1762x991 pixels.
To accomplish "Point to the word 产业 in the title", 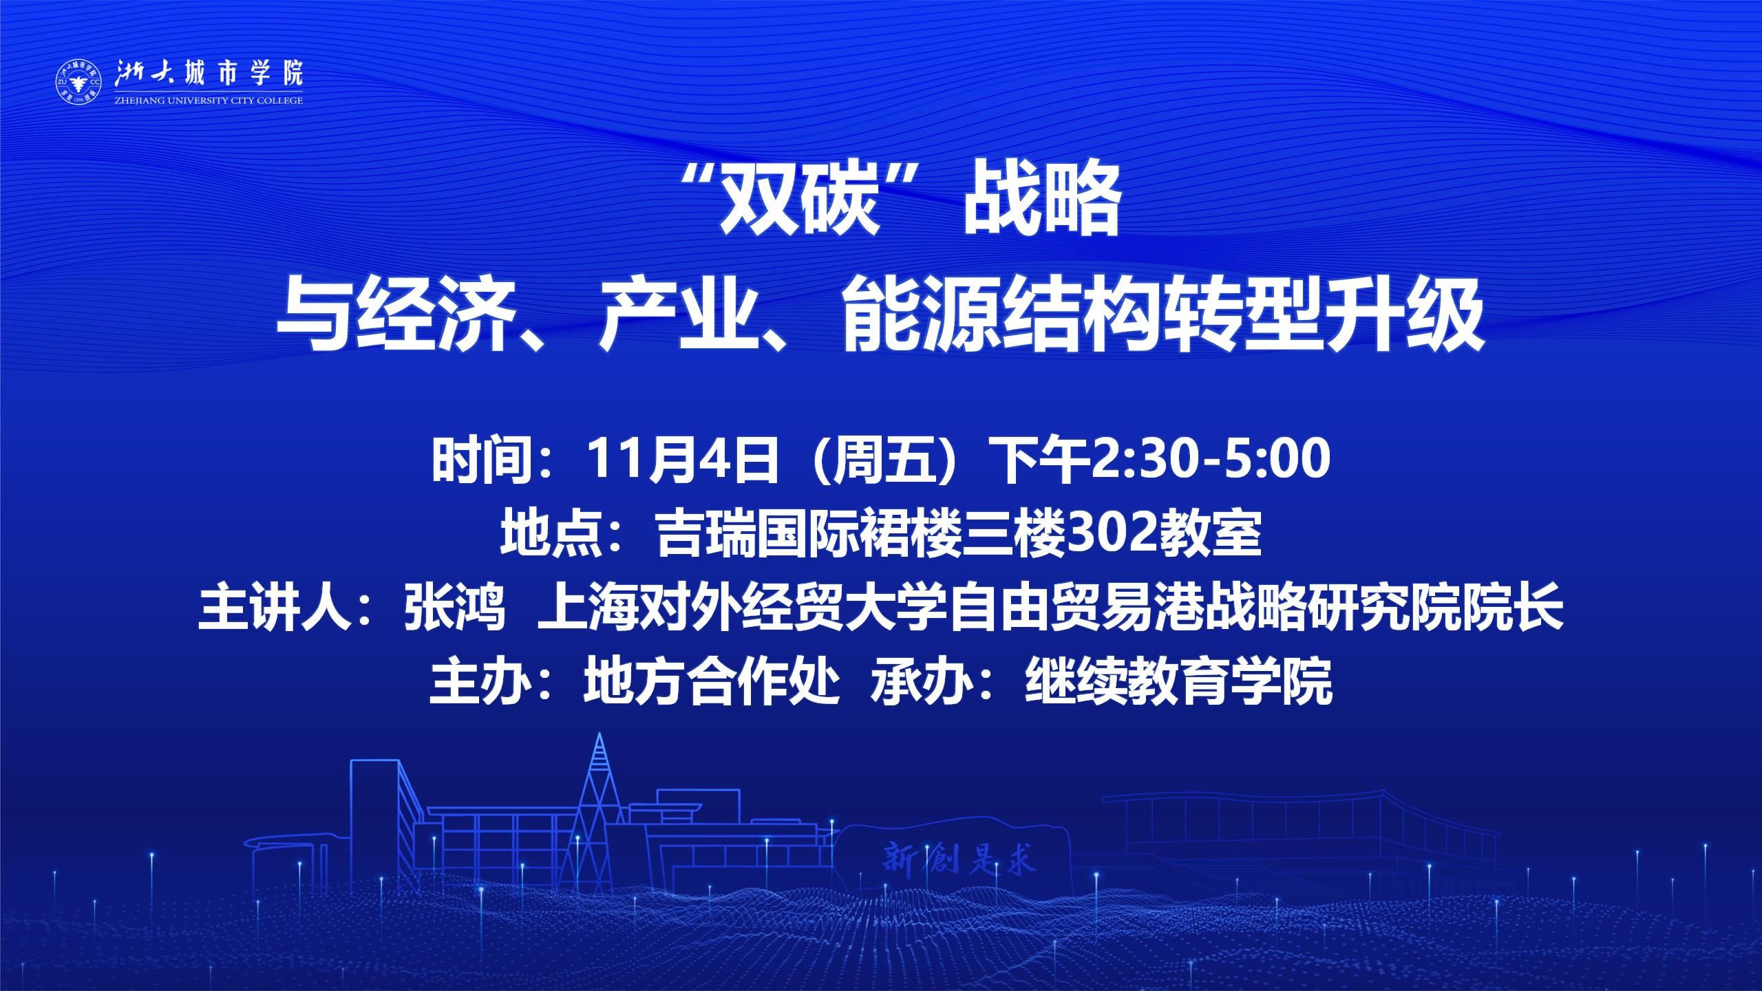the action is [x=676, y=318].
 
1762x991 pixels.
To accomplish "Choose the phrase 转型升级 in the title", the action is [x=1328, y=318].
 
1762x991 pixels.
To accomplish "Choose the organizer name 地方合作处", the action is [x=712, y=683].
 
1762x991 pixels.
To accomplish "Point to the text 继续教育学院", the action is [x=1178, y=683].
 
